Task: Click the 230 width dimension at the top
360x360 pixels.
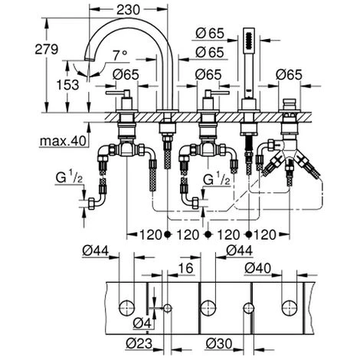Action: pyautogui.click(x=129, y=10)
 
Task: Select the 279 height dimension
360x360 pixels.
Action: pyautogui.click(x=47, y=49)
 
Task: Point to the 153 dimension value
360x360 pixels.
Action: pyautogui.click(x=68, y=85)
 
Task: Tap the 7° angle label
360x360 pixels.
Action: pyautogui.click(x=120, y=55)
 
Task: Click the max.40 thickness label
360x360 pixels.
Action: pyautogui.click(x=63, y=141)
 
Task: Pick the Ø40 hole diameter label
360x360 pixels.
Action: pyautogui.click(x=257, y=268)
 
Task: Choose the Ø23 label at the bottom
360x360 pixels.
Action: pyautogui.click(x=139, y=343)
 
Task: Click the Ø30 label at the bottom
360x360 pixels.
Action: pyautogui.click(x=219, y=343)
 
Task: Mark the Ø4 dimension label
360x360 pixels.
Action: pyautogui.click(x=142, y=324)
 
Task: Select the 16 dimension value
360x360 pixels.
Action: pyautogui.click(x=185, y=268)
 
